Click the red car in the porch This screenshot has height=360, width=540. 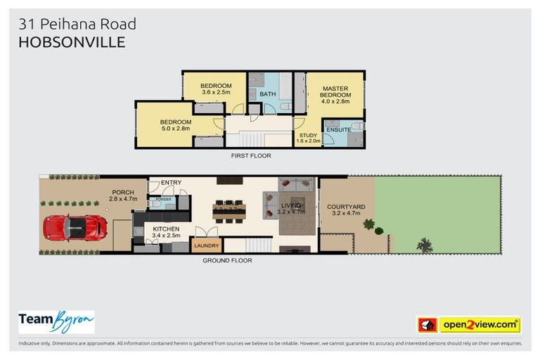click(x=75, y=228)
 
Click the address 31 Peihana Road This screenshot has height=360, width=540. click(x=77, y=25)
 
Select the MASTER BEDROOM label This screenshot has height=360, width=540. click(x=335, y=91)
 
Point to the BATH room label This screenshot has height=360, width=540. click(x=267, y=94)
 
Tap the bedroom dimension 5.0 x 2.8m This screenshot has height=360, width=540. click(x=175, y=129)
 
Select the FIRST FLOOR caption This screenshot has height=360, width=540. click(x=251, y=155)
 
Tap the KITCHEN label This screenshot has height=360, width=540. click(x=166, y=229)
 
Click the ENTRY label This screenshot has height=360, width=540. click(x=171, y=183)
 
